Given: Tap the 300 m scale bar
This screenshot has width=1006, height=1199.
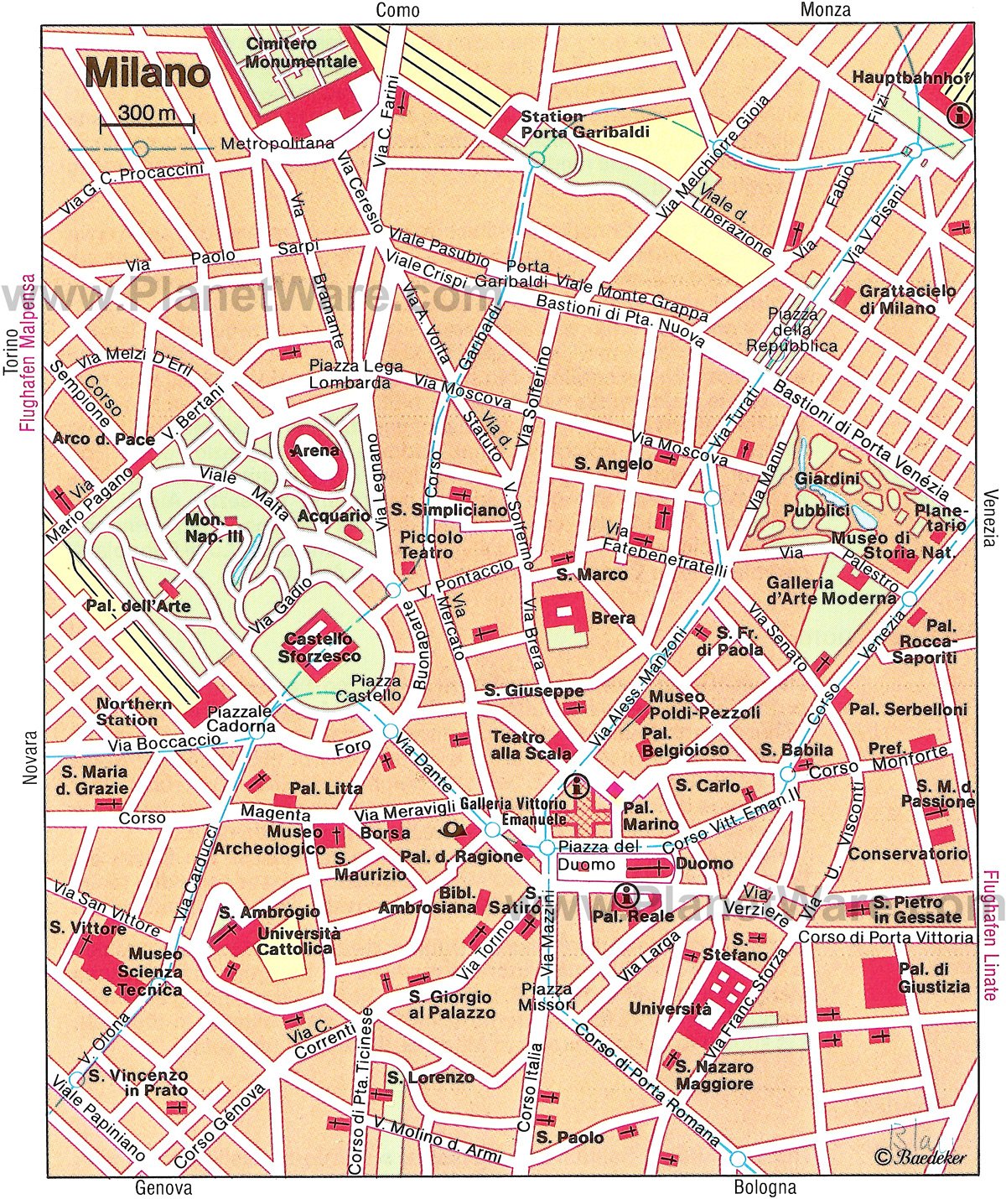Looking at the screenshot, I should click(147, 123).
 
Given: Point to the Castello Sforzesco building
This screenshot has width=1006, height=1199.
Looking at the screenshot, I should click(319, 646).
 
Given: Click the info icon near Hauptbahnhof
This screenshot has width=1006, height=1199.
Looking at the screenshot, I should click(958, 116).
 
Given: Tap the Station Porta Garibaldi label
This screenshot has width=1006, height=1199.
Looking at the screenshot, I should click(571, 124).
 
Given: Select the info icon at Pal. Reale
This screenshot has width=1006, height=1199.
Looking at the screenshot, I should click(625, 895).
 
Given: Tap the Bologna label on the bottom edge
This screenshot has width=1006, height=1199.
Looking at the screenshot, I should click(765, 1186).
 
